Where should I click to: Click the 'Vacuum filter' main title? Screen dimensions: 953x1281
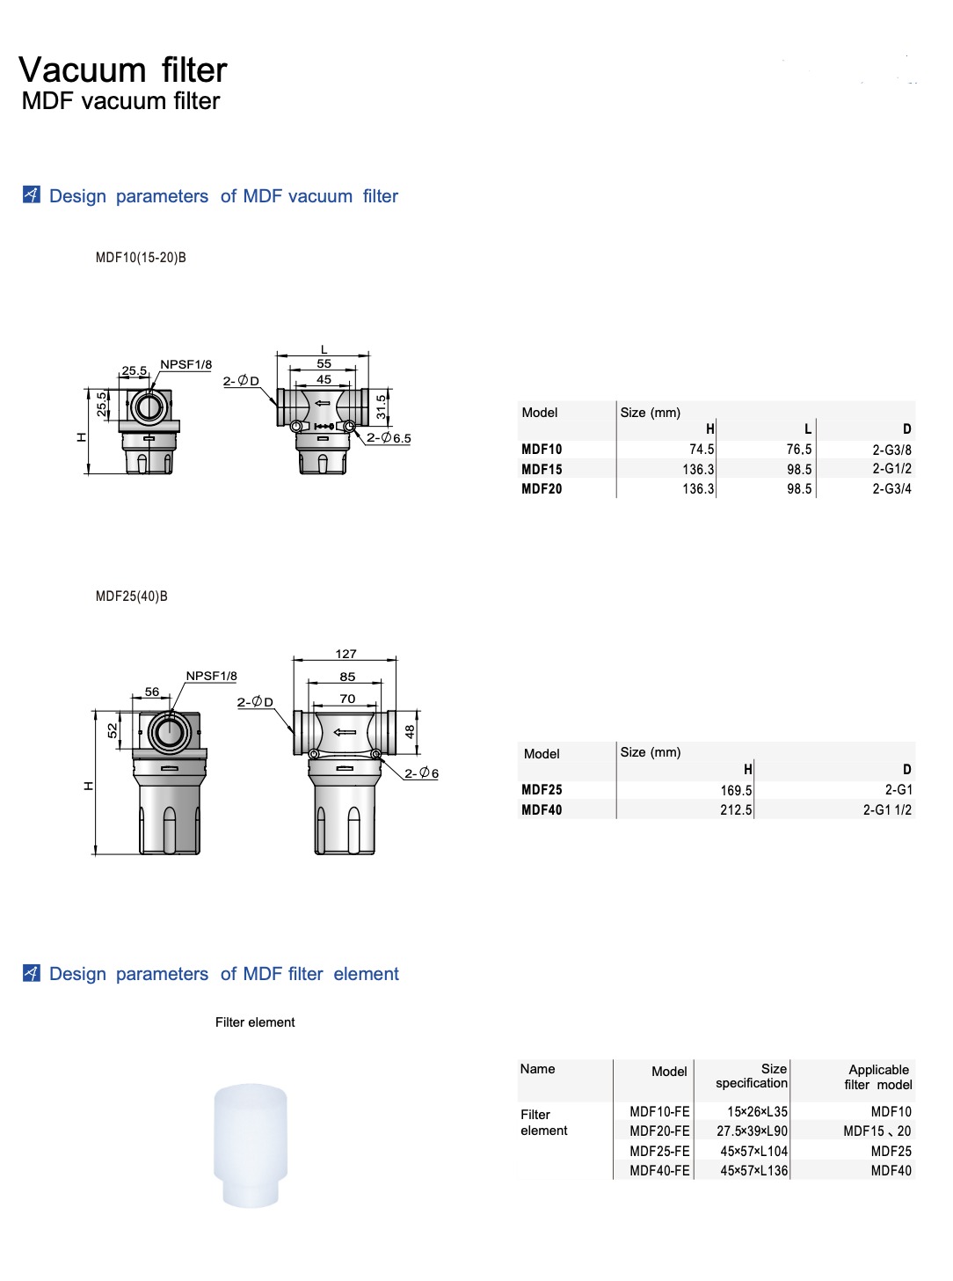click(x=123, y=70)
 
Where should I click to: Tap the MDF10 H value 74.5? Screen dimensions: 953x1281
click(x=702, y=450)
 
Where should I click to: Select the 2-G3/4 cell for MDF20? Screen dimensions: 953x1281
click(x=891, y=488)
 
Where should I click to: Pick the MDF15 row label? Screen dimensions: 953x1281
click(x=542, y=469)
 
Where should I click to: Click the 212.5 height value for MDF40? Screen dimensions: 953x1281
click(x=736, y=809)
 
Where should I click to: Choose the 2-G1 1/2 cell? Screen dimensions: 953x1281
click(x=887, y=809)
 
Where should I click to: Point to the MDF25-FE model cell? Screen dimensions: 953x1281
click(x=659, y=1151)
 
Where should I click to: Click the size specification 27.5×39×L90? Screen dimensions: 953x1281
click(x=752, y=1131)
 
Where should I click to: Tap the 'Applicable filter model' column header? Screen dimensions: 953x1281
click(x=878, y=1077)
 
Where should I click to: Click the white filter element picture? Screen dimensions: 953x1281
click(x=251, y=1146)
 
